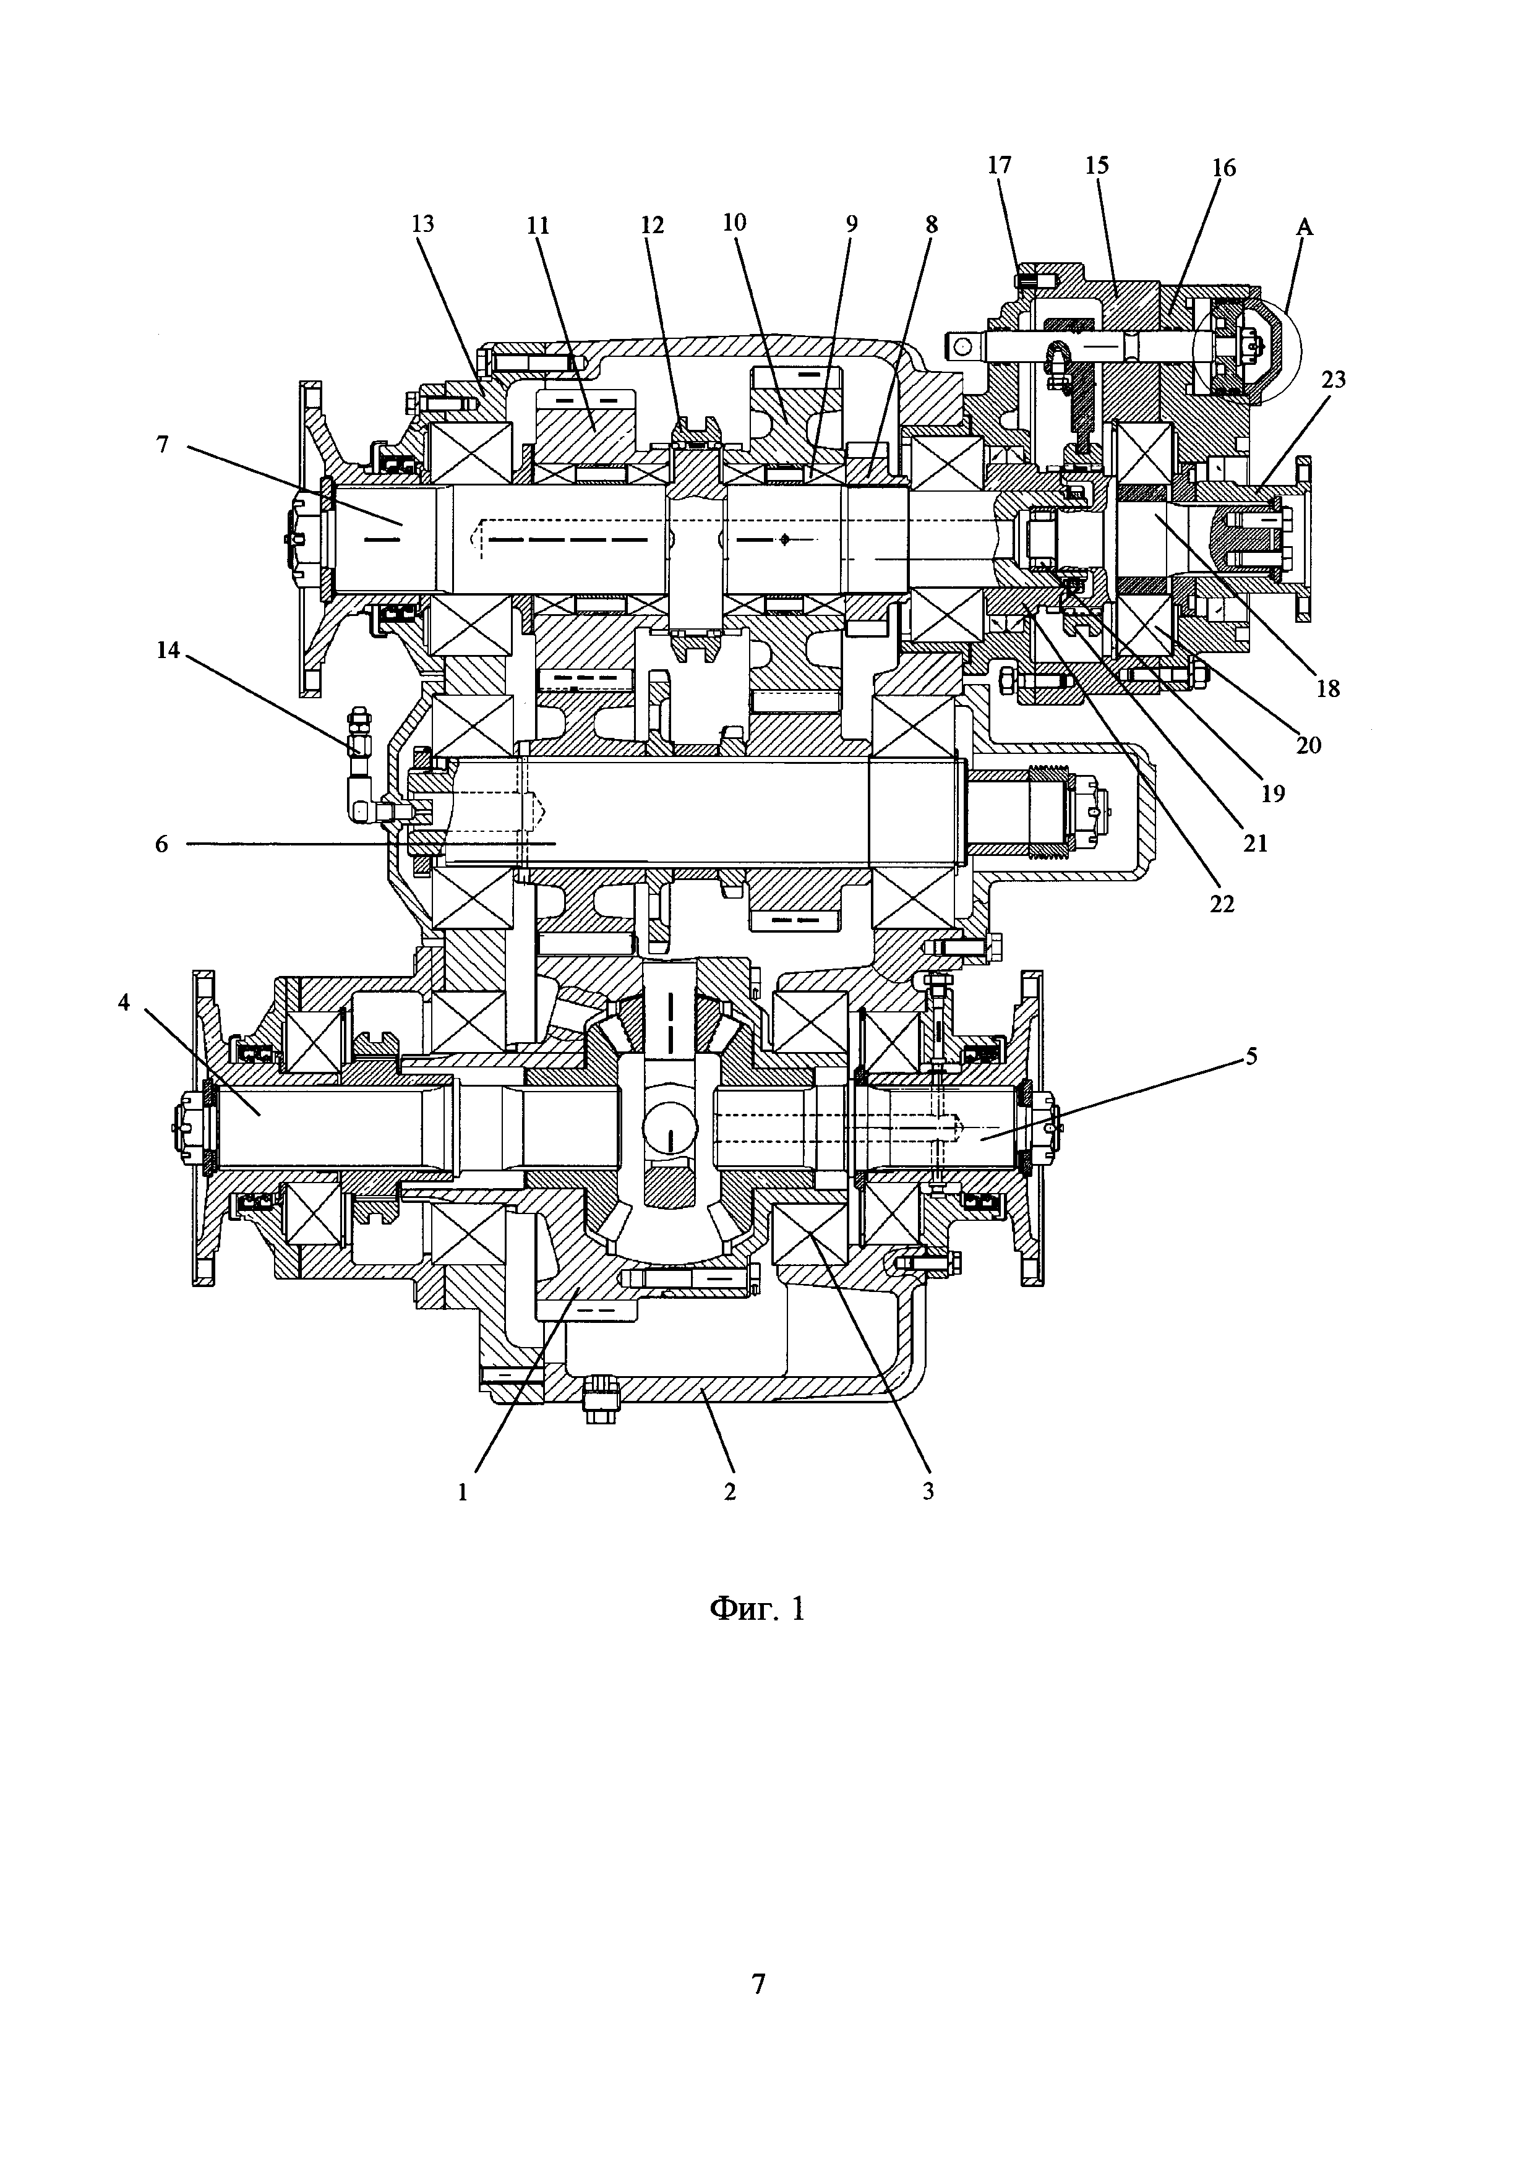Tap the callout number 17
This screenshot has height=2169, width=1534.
[x=1000, y=165]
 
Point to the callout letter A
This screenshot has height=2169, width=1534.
[x=1305, y=227]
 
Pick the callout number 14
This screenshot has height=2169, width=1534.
[x=168, y=652]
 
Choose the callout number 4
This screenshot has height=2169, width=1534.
[x=124, y=1003]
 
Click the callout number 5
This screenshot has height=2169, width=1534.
[x=1251, y=1056]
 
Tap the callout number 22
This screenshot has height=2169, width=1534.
[x=1222, y=904]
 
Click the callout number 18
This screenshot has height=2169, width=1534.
[x=1328, y=689]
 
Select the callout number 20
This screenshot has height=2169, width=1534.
[x=1308, y=745]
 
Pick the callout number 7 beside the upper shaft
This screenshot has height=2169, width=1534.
[x=163, y=444]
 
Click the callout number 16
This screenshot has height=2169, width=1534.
[x=1223, y=168]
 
